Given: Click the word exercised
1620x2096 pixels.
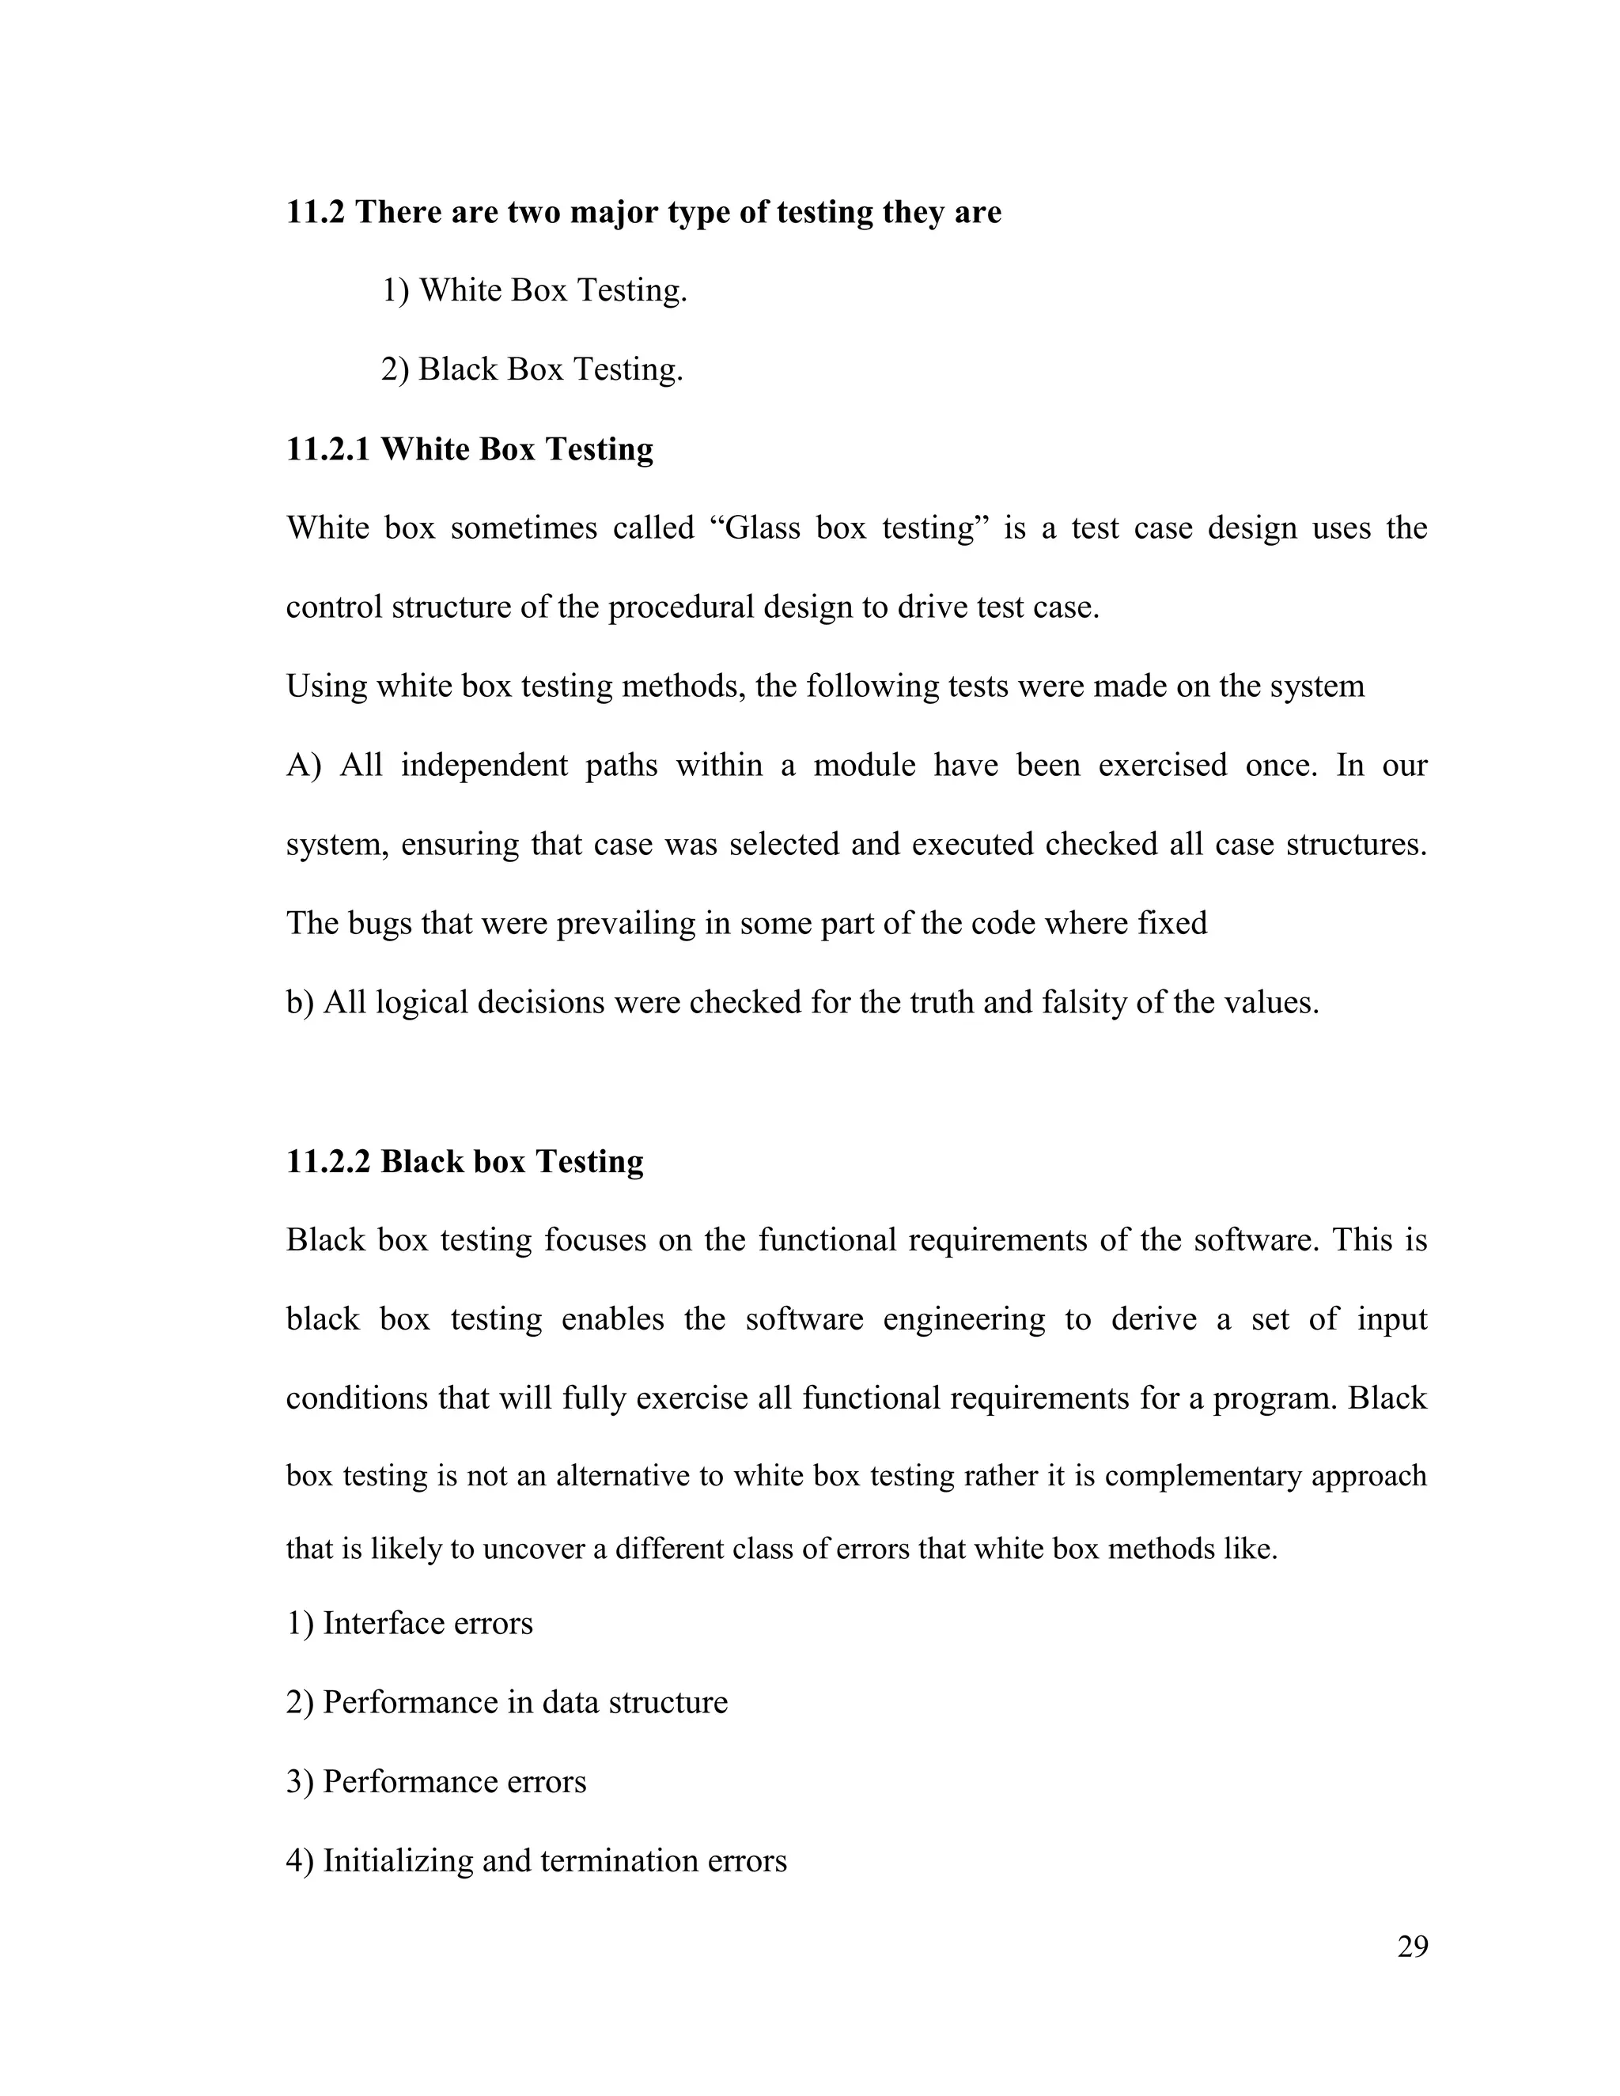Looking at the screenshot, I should pos(1162,766).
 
